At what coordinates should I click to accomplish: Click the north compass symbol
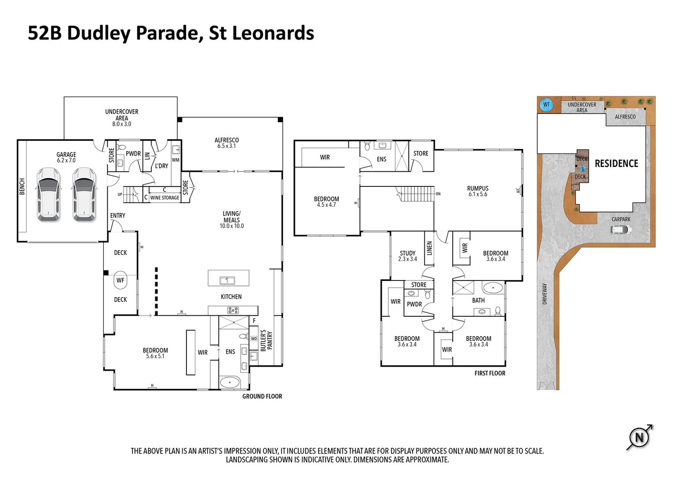tap(639, 438)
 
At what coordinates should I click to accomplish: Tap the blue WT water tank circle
tap(546, 105)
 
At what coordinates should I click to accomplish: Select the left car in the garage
tap(49, 194)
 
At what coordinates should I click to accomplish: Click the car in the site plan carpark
tap(621, 230)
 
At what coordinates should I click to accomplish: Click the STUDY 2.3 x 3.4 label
tap(407, 256)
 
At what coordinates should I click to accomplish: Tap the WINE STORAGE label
tap(164, 198)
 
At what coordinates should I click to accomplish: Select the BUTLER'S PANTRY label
tap(266, 341)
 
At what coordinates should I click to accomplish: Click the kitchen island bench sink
tap(228, 280)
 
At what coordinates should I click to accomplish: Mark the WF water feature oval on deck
tap(120, 280)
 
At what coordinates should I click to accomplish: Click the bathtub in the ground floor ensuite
tap(230, 382)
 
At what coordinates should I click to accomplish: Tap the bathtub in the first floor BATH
tap(493, 288)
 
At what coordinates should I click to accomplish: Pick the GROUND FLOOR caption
tap(262, 397)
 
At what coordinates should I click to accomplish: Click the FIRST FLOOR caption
tap(489, 373)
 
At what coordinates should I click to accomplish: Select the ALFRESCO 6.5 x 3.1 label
tap(226, 143)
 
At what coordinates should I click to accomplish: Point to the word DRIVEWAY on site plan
tap(545, 294)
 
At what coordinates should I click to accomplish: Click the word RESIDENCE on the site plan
tap(616, 163)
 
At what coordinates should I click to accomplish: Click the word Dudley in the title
tap(99, 34)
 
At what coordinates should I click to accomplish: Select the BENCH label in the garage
tap(22, 186)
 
